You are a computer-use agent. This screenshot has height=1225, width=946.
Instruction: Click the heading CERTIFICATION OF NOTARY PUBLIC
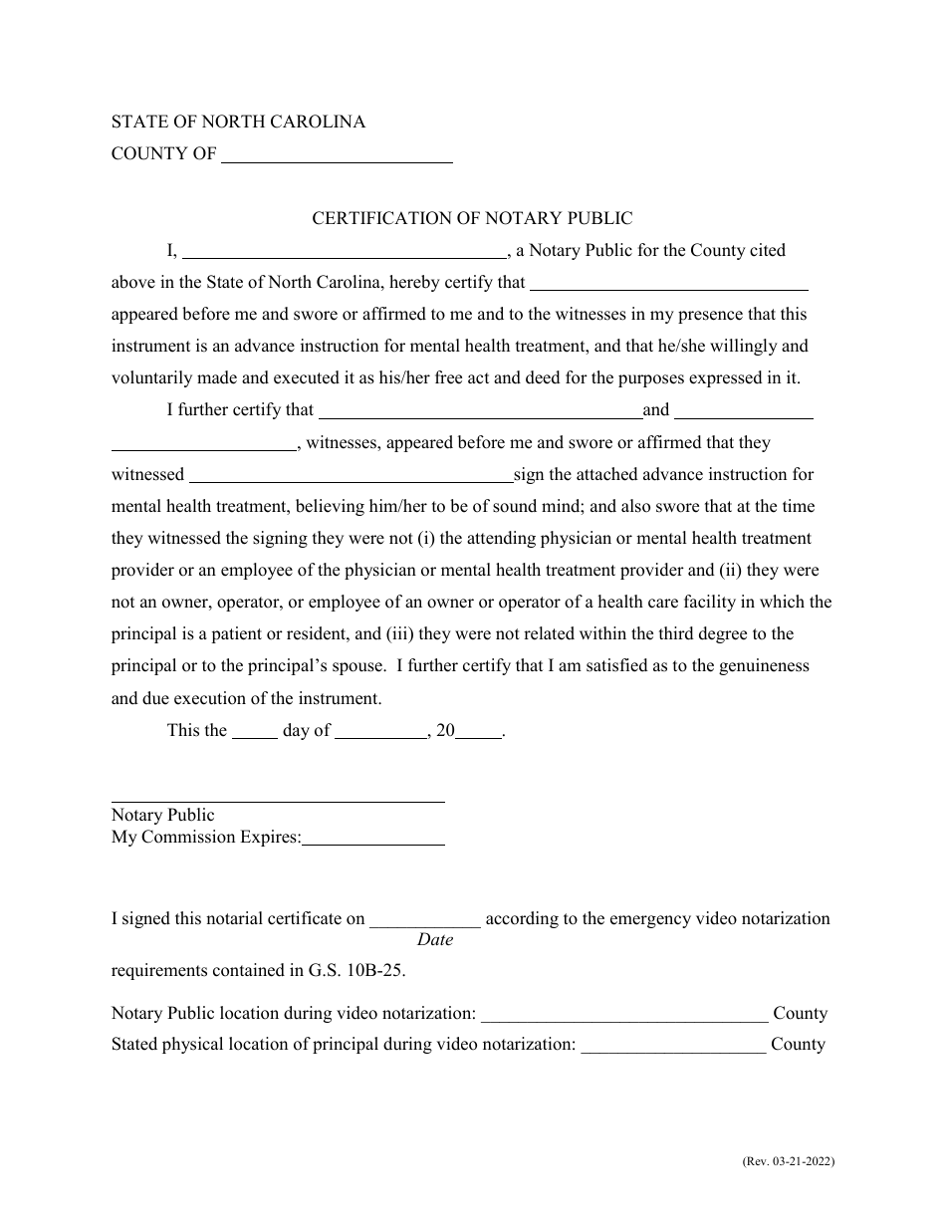(x=472, y=218)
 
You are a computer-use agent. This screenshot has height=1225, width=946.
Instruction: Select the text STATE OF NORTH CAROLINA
(x=238, y=122)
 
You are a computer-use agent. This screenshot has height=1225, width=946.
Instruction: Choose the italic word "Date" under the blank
(x=435, y=939)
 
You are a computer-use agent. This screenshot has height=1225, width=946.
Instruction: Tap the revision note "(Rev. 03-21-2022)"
(x=788, y=1161)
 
